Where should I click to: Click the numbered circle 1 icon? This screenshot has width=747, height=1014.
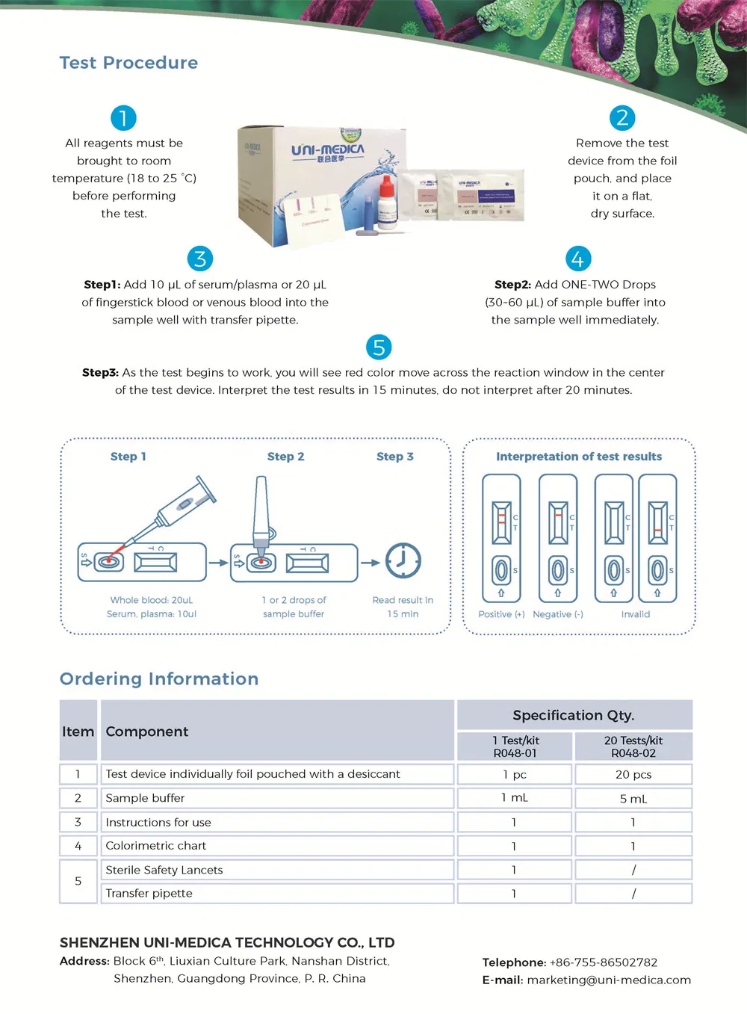pos(123,118)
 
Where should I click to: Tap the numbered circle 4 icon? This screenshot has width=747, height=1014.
pos(578,259)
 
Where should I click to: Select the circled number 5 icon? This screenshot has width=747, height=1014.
pos(379,347)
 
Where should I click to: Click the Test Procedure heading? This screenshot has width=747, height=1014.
pos(128,63)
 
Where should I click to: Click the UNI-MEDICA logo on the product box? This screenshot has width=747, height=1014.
pos(328,152)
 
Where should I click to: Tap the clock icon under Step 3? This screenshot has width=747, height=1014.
pos(403,560)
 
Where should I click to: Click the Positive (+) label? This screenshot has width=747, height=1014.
pos(501,614)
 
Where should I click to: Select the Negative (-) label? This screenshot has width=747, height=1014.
pos(558,614)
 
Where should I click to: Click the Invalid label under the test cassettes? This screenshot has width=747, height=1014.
pos(636,614)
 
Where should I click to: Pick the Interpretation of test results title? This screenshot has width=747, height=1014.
pos(579,457)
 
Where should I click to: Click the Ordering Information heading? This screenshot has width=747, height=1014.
pos(159,678)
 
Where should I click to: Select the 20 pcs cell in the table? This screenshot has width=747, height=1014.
pos(633,774)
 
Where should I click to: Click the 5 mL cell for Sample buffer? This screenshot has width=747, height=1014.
pos(633,799)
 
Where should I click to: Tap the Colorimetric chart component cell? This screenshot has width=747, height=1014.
pos(156,846)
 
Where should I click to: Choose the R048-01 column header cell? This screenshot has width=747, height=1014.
pos(515,746)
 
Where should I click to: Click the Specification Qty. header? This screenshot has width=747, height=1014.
pos(574,715)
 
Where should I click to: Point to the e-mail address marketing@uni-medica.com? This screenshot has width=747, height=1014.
pos(609,980)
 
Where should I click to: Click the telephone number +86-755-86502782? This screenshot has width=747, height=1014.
pos(604,962)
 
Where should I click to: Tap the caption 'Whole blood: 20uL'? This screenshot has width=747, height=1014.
pos(152,600)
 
